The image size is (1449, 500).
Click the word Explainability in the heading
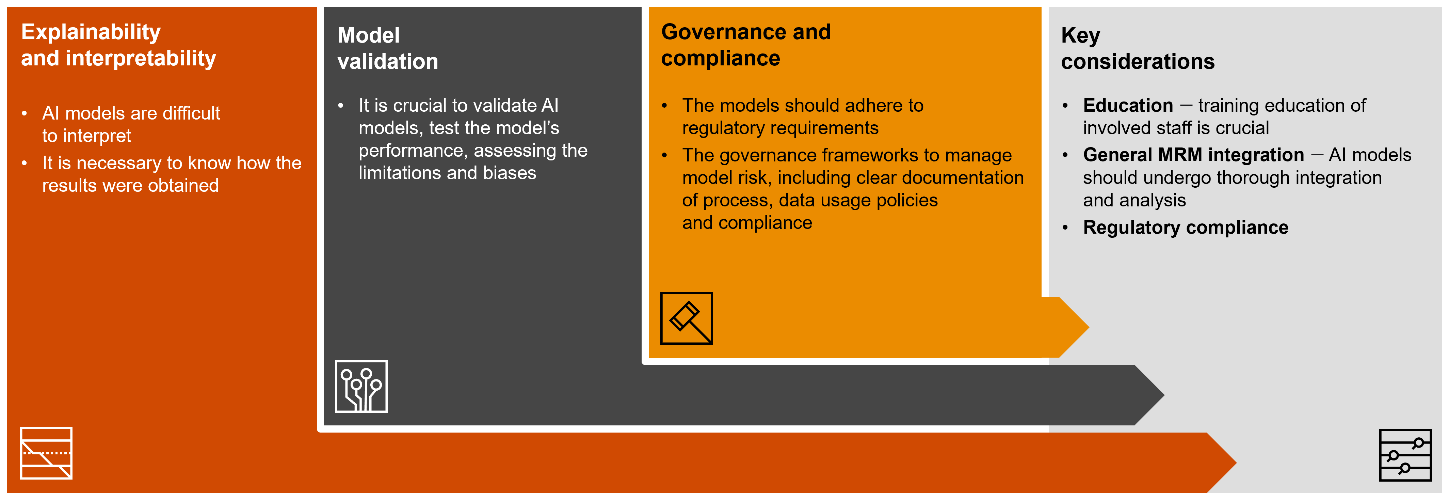point(91,32)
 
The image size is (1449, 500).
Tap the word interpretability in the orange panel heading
point(141,59)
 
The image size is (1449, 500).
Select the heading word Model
point(368,35)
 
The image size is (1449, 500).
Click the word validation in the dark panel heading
point(388,61)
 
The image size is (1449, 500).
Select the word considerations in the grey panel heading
point(1137,61)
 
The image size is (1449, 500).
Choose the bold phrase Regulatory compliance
point(1185,228)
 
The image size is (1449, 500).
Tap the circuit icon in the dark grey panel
point(361,386)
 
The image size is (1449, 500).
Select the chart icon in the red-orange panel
point(46,453)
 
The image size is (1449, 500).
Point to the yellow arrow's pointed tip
point(1089,327)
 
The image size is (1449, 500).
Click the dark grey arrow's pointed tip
point(1164,395)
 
